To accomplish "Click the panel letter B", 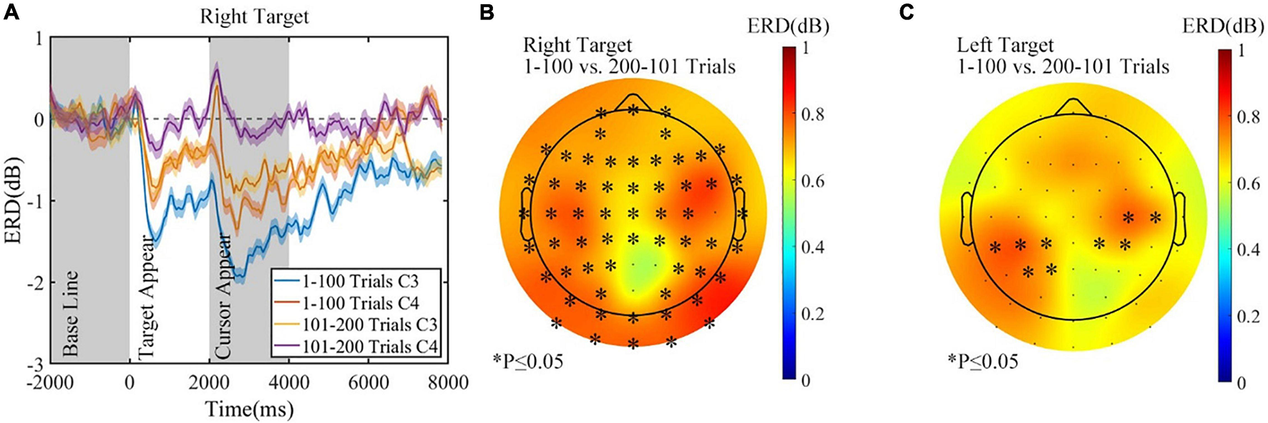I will click(x=488, y=12).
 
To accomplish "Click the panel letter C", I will click(x=907, y=12).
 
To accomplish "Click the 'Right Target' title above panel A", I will click(x=255, y=16).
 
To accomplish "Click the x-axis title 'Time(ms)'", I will click(x=249, y=409).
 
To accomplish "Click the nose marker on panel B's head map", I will click(x=633, y=102).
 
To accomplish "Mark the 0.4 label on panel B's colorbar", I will click(x=806, y=248).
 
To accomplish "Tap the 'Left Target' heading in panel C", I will click(x=1005, y=46).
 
